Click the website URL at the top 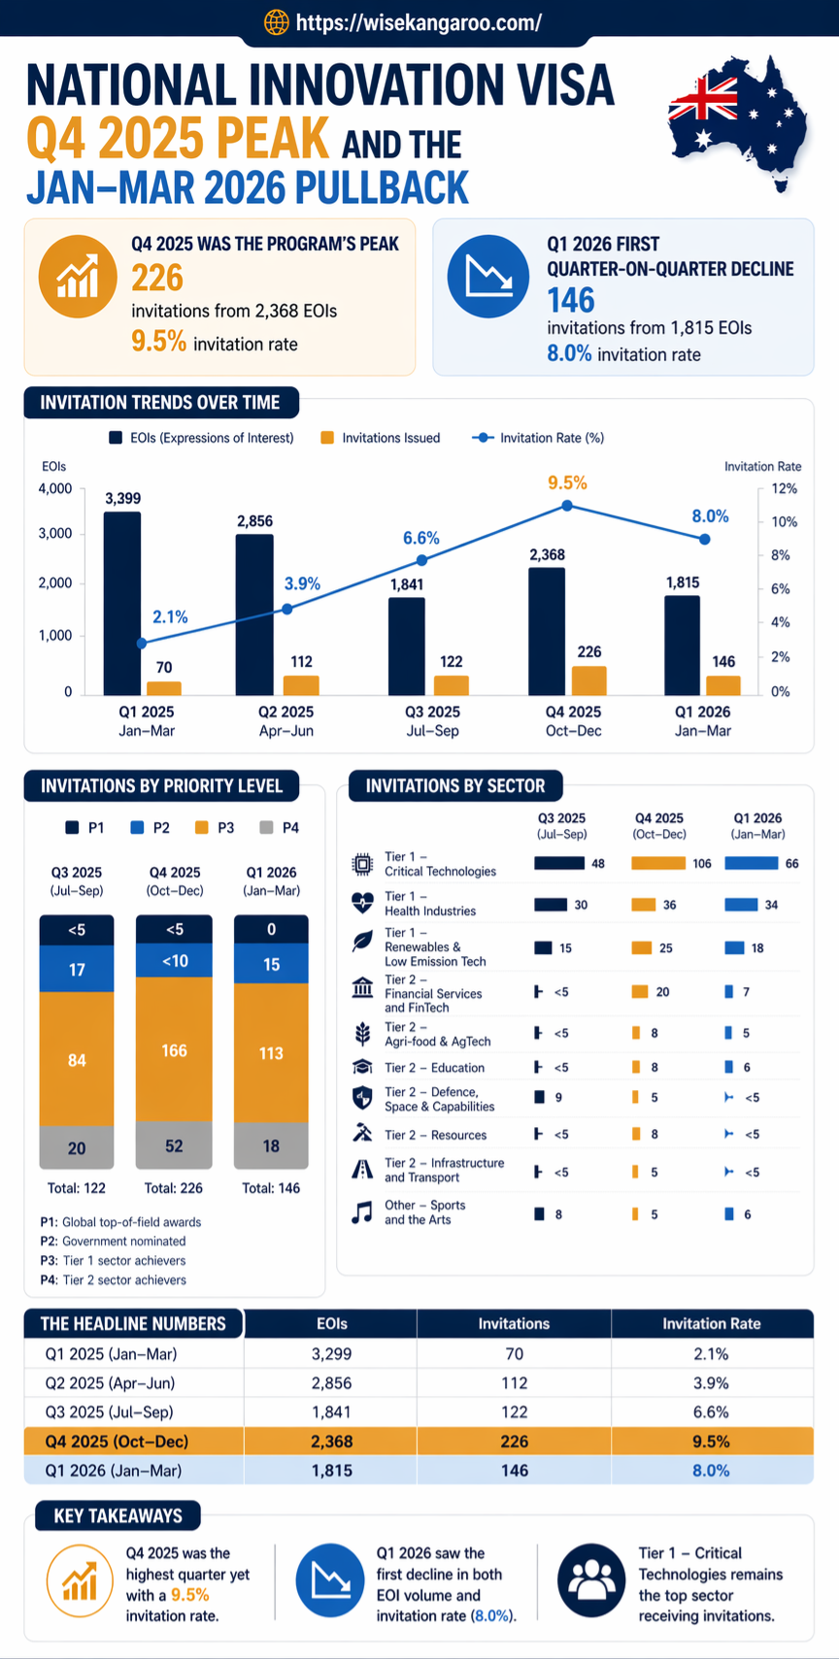(x=418, y=22)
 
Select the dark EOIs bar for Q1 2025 (x=122, y=602)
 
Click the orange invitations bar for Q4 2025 (x=588, y=680)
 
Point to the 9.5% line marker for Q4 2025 (x=567, y=506)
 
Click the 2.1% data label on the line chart (x=170, y=617)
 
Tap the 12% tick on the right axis (x=784, y=488)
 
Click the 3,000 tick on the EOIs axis (x=55, y=533)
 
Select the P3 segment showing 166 (x=174, y=1050)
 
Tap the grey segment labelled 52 (x=174, y=1145)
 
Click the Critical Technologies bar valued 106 (x=657, y=863)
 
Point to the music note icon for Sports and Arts (x=362, y=1212)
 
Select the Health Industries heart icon (x=362, y=904)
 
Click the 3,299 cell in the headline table (x=331, y=1353)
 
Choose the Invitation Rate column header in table (x=711, y=1323)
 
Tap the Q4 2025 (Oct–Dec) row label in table (x=117, y=1441)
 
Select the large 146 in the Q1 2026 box (x=571, y=300)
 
